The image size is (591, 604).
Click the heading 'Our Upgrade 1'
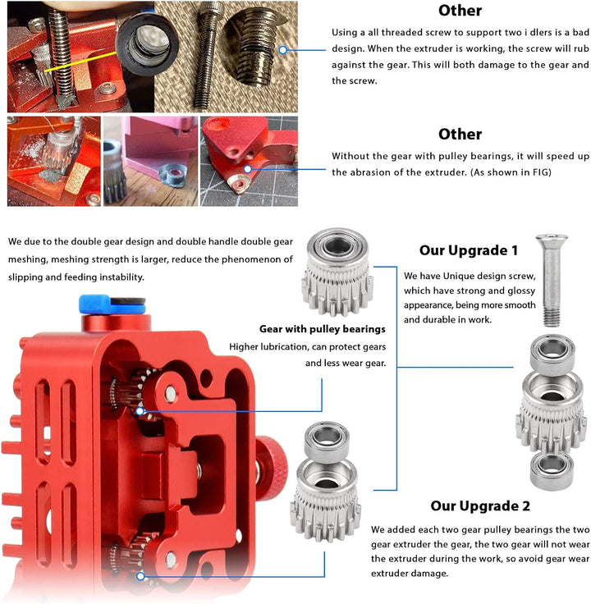point(468,250)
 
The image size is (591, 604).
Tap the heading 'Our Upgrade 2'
point(480,506)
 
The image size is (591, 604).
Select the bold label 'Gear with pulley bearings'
point(322,329)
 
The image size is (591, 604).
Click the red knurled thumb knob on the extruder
point(271,468)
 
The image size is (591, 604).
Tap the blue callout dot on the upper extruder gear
point(140,411)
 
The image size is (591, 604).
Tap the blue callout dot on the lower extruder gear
point(140,576)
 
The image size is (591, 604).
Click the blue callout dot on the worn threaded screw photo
point(283,50)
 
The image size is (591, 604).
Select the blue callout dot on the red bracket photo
point(248,169)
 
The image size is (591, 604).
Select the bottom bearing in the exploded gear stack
point(552,472)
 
